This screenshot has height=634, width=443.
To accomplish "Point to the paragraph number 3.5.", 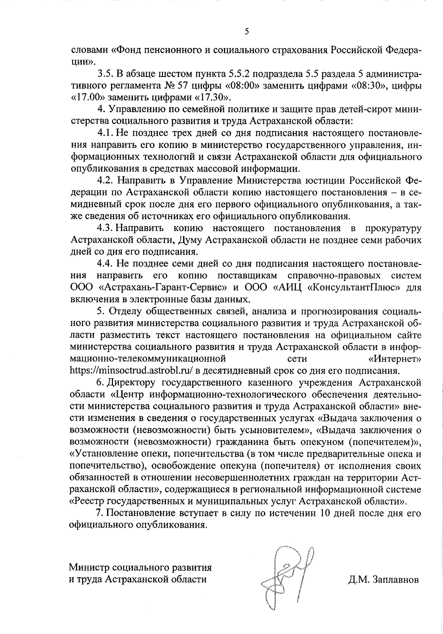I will click(x=105, y=75).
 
